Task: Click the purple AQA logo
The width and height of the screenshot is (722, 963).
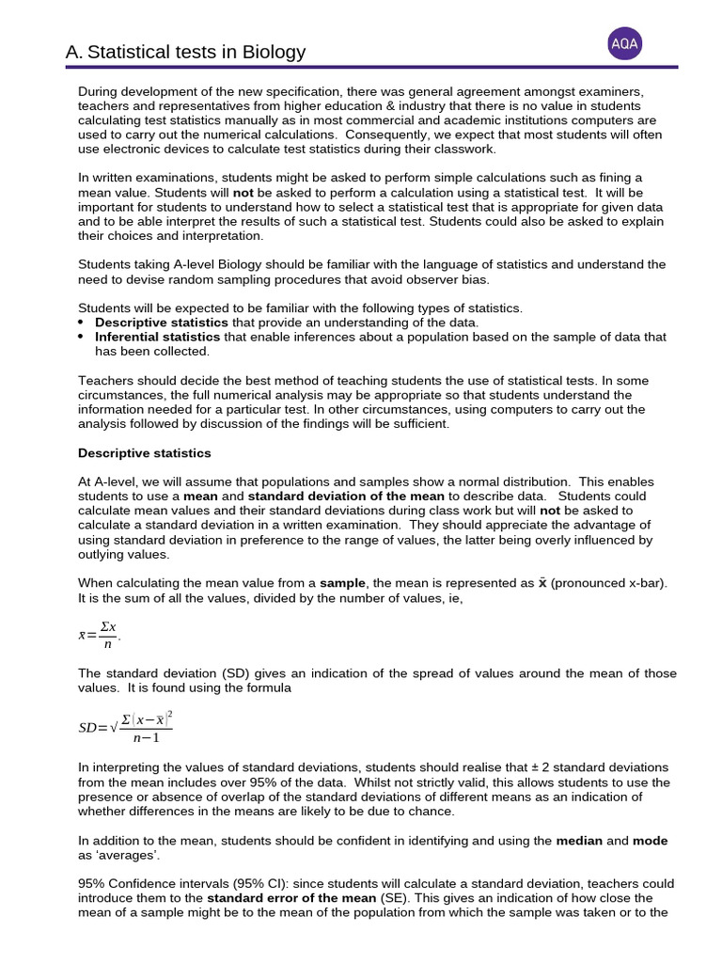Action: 625,42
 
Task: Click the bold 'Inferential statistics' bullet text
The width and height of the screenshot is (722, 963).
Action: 158,337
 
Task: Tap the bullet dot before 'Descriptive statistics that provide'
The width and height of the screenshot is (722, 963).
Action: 82,323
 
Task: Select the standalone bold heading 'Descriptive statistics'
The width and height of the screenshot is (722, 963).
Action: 144,453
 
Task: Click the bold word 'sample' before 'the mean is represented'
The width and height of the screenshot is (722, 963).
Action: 342,583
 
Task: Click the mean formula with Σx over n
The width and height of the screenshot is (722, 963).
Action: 100,635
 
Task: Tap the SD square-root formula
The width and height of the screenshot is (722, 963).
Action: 125,728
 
